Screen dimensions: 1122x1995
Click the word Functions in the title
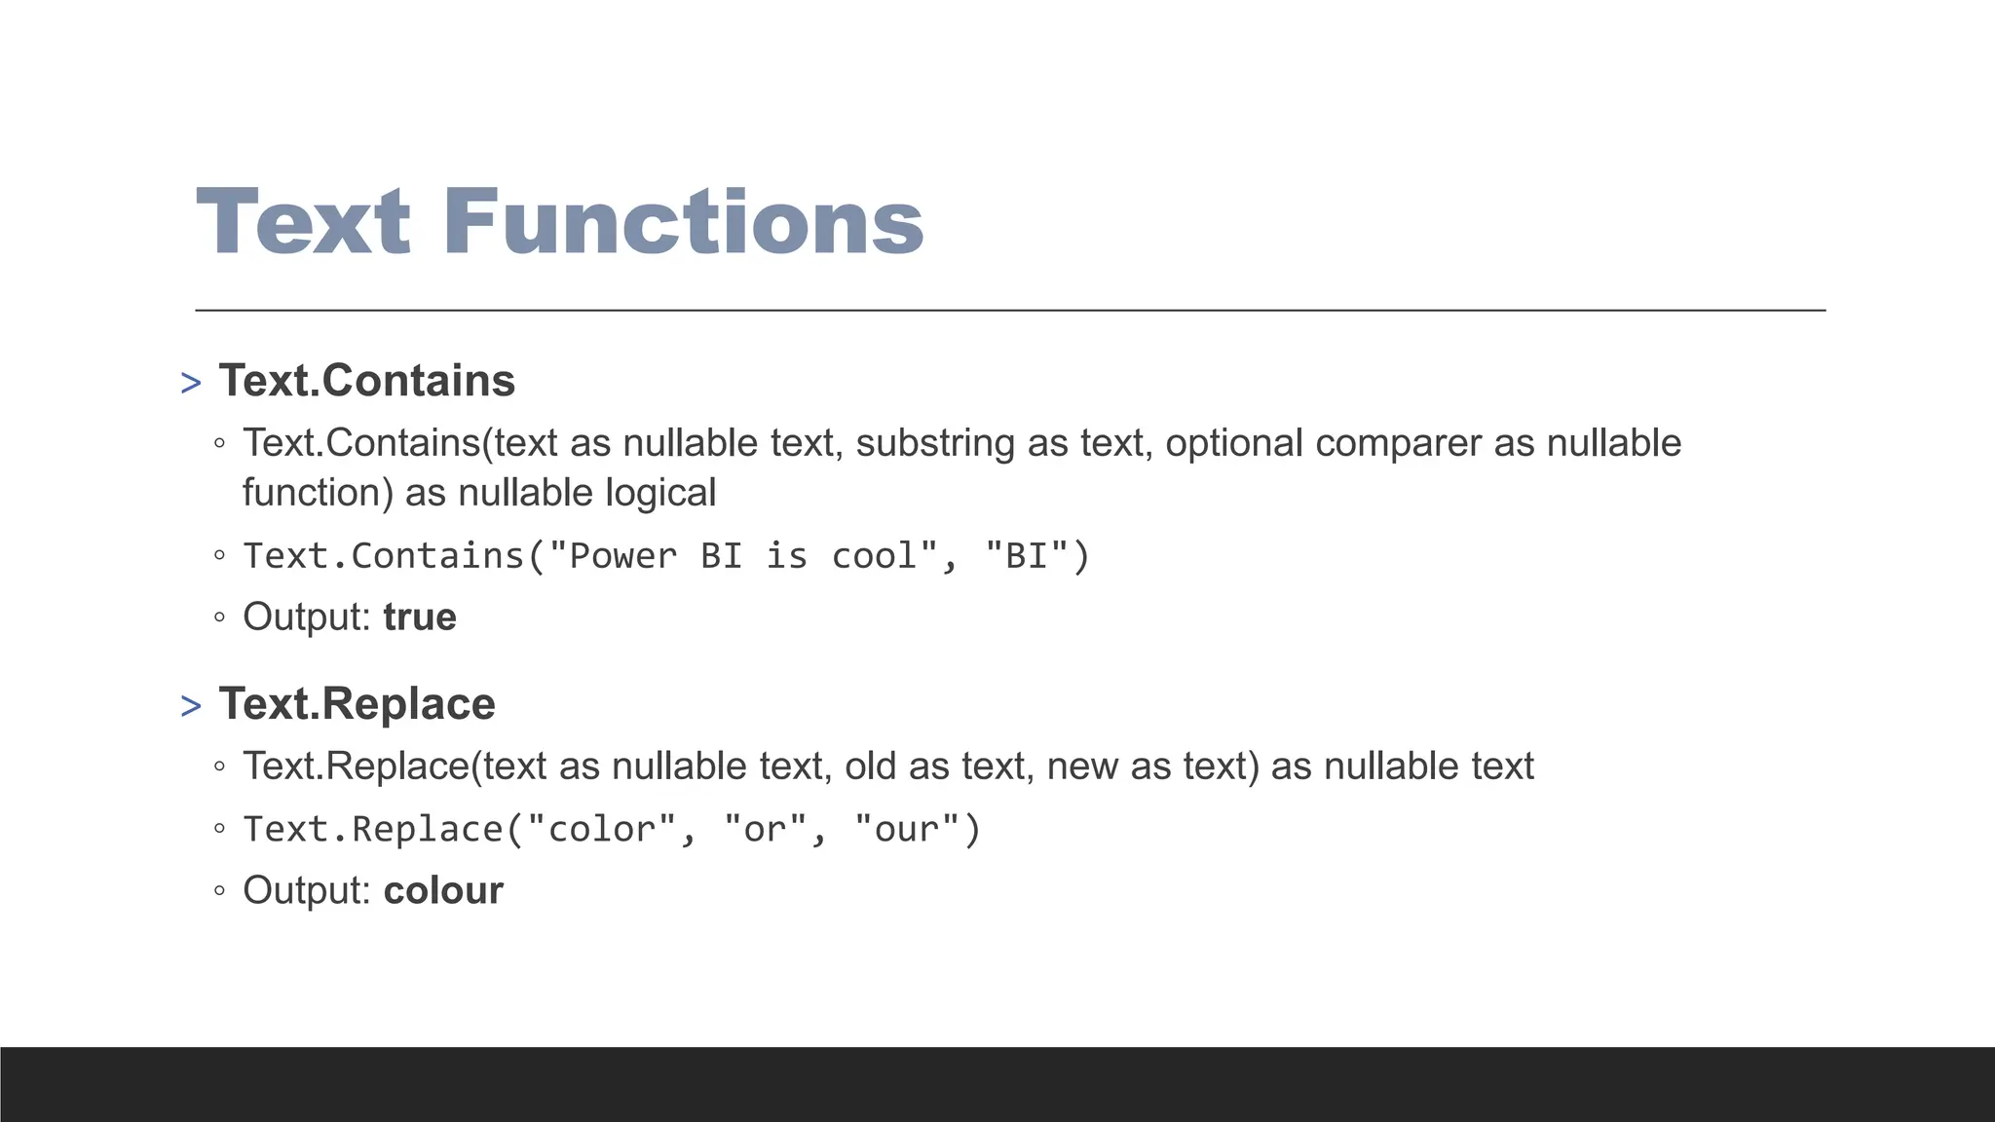coord(683,222)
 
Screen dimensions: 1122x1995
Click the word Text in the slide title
coord(303,222)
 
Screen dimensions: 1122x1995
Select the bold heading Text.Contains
coord(366,380)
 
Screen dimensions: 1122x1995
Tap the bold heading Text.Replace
coord(357,703)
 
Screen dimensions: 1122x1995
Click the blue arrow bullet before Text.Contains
coord(191,384)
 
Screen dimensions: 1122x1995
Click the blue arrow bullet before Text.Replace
coord(191,707)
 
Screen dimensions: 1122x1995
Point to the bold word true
coord(420,617)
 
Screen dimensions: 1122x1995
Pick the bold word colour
coord(443,890)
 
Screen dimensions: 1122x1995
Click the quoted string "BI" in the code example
coord(1026,556)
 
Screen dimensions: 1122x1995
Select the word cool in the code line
coord(874,556)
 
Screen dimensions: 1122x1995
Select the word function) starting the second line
coord(318,493)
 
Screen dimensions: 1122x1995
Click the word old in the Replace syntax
coord(871,767)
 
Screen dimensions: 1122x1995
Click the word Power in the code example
coord(622,556)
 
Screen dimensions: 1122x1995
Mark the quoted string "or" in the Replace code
coord(765,829)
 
